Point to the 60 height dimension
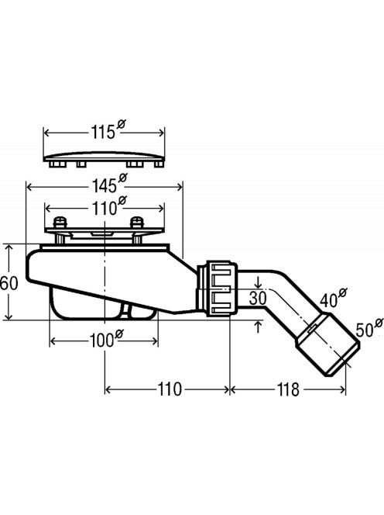click(x=9, y=283)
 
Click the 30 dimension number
click(x=258, y=298)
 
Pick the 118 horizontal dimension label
click(x=288, y=389)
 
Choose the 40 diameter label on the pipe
click(x=333, y=298)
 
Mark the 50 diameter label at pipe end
click(x=369, y=327)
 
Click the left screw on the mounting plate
click(x=60, y=230)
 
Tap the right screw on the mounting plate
click(x=137, y=230)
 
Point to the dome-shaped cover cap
click(x=104, y=159)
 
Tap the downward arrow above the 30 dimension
click(x=259, y=282)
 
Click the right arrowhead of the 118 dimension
click(x=342, y=390)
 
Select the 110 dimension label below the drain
click(x=170, y=389)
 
